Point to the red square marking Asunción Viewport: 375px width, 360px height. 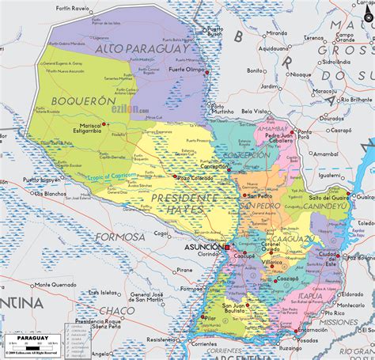[226, 248]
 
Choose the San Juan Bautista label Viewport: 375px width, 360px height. [233, 309]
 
